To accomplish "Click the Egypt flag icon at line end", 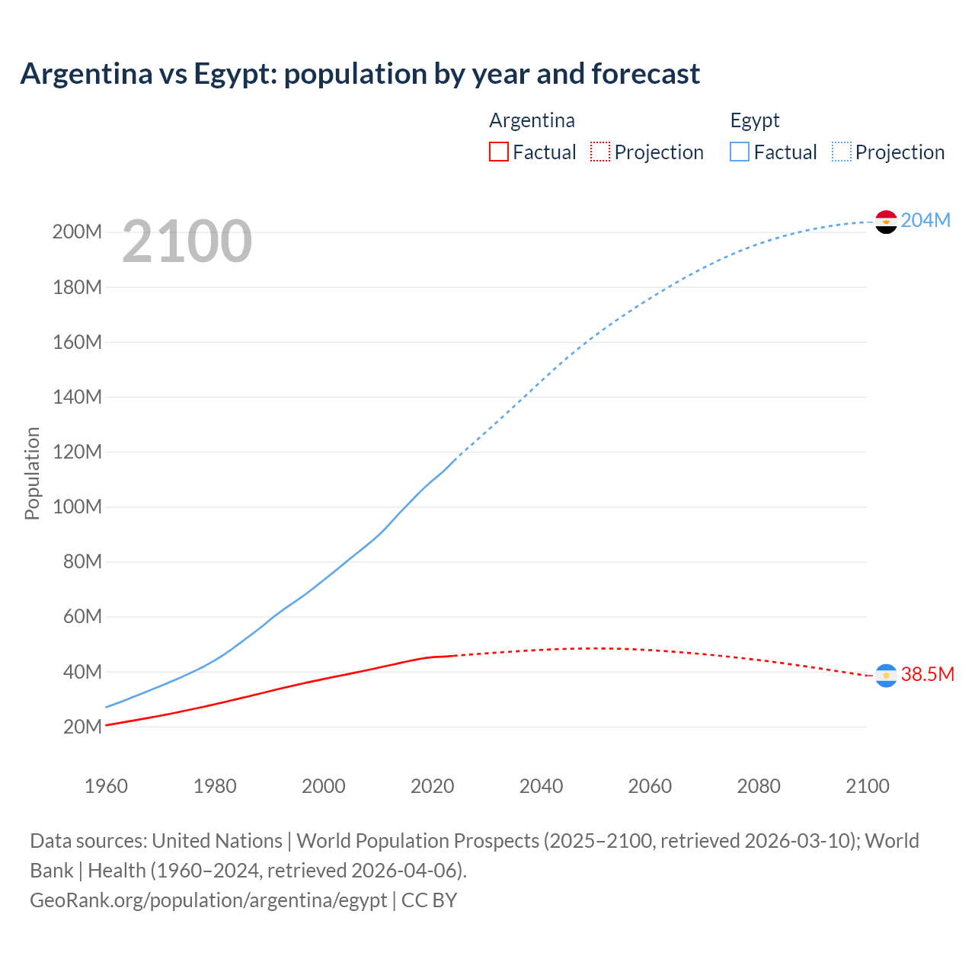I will [x=886, y=222].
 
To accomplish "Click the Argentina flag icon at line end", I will [x=886, y=676].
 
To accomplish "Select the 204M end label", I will [x=925, y=221].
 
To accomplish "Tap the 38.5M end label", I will [x=927, y=675].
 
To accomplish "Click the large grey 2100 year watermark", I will [x=187, y=241].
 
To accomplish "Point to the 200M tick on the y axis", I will [x=77, y=232].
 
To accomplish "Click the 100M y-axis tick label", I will [x=77, y=507].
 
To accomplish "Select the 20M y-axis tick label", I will [x=82, y=727].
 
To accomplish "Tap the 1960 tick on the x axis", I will [x=106, y=786].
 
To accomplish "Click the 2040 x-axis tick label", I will [x=541, y=786].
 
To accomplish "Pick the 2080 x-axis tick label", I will [x=759, y=786].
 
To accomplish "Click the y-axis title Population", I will [x=32, y=474].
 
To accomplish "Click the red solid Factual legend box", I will [x=498, y=152].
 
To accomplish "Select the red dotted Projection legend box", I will [x=600, y=152].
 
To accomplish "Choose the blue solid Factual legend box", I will [x=740, y=152].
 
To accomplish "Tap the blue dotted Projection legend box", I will [x=842, y=152].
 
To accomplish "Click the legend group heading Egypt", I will [x=755, y=121].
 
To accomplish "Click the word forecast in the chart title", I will [x=645, y=74].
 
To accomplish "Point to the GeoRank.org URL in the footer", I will [x=208, y=900].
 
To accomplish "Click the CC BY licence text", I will [x=429, y=900].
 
